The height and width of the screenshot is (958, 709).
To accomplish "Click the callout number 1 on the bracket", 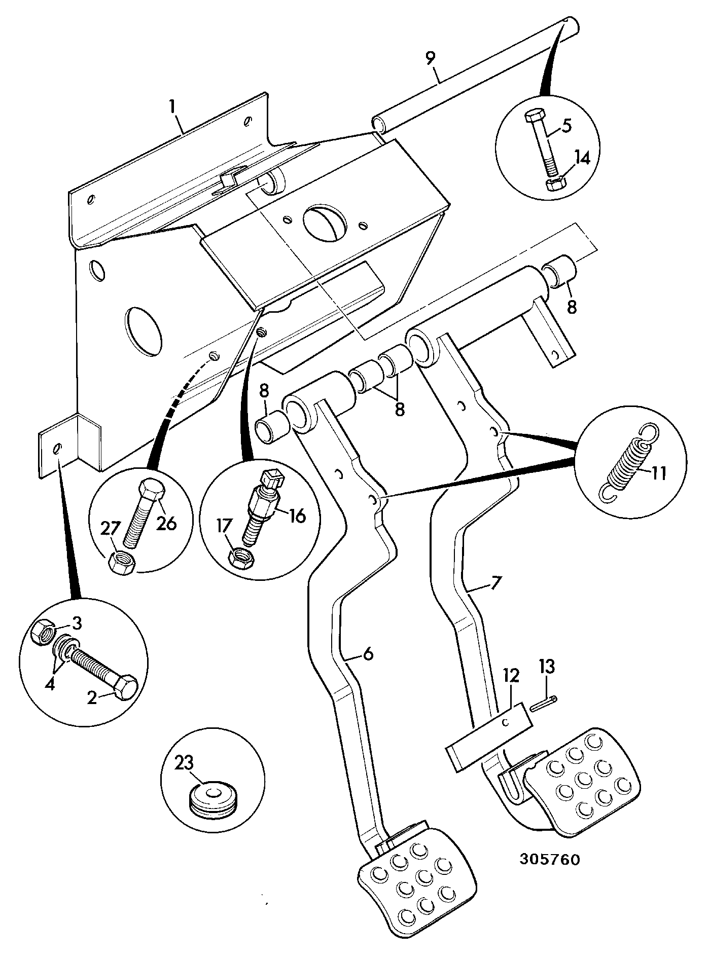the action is coord(172,107).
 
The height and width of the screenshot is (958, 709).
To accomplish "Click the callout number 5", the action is coord(566,125).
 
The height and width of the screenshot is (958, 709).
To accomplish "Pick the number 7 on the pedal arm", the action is coord(495,582).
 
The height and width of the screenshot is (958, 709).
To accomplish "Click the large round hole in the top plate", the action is coord(325,219).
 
